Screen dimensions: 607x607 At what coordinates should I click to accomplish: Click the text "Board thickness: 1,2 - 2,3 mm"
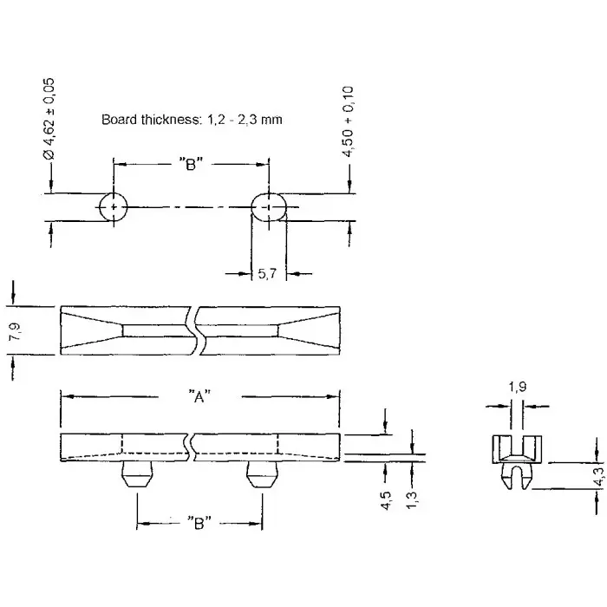192,120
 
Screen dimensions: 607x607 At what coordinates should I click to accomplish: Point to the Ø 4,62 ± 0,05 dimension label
49,117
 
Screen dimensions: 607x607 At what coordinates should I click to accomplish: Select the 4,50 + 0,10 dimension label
349,121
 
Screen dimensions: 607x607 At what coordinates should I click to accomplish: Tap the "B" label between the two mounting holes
192,165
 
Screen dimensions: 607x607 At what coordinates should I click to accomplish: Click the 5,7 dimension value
268,273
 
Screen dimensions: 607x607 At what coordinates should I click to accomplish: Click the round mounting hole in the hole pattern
113,208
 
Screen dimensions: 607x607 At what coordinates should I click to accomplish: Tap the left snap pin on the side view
136,475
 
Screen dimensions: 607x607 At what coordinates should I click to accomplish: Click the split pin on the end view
516,478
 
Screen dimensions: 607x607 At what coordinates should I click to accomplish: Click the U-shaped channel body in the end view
516,449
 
